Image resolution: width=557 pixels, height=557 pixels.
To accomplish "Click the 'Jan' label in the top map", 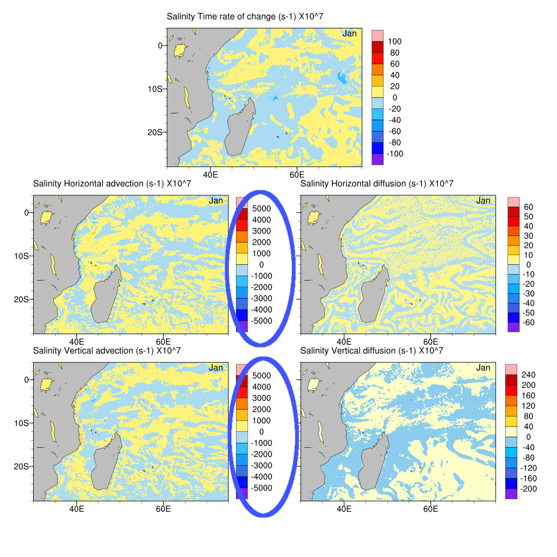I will (349, 34).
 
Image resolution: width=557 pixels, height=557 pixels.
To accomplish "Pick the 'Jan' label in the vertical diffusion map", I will (483, 368).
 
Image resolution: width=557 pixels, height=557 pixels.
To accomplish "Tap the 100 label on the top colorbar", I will (395, 41).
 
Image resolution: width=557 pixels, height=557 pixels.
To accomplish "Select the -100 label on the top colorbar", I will (393, 153).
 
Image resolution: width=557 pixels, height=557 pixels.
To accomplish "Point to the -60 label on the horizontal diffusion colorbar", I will (528, 323).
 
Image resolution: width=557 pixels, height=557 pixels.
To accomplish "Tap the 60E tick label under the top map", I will (296, 174).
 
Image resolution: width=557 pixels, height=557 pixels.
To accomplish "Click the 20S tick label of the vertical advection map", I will (22, 466).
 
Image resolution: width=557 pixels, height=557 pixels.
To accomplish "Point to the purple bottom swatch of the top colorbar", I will (377, 159).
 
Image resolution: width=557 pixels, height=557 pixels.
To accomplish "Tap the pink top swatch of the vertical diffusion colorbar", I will (511, 369).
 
